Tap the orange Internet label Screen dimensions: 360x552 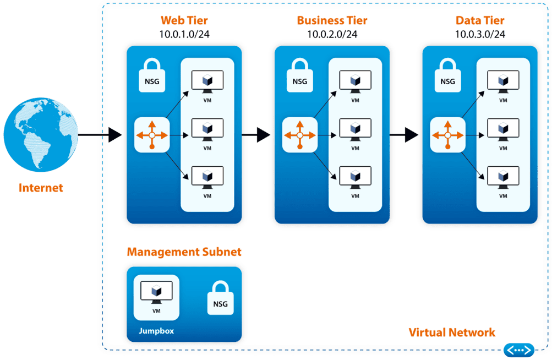[41, 188]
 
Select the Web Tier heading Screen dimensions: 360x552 [184, 21]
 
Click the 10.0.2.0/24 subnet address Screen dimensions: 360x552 [332, 34]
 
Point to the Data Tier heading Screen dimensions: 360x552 [480, 21]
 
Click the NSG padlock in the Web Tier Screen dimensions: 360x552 [152, 77]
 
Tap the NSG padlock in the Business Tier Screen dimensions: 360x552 [300, 77]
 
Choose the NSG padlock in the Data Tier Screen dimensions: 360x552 [448, 77]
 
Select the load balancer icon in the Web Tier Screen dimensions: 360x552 [152, 135]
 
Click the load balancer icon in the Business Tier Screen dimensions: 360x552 [299, 135]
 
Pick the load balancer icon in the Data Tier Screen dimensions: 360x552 [447, 135]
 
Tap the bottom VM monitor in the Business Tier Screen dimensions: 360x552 [355, 177]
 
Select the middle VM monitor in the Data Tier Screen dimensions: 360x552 [503, 130]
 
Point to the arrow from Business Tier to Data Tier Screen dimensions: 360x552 [405, 134]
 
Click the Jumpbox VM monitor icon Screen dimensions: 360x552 [156, 292]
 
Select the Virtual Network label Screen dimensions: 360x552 [452, 332]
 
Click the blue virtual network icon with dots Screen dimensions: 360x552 [519, 350]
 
